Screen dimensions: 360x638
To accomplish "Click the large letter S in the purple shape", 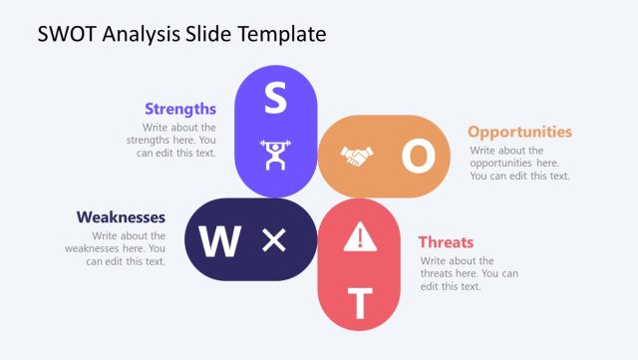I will click(275, 98).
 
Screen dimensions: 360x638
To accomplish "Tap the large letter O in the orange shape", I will click(419, 156).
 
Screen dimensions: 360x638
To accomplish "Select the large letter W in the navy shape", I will click(220, 240).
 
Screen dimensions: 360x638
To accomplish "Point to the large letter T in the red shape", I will click(360, 301).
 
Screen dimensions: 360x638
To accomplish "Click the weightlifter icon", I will click(275, 155).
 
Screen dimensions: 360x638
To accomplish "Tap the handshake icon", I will click(356, 157).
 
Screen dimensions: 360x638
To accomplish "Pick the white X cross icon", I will click(273, 239).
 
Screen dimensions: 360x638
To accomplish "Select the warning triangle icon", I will click(360, 236).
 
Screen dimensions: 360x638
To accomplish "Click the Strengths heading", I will click(180, 109).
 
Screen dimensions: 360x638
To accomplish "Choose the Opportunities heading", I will click(519, 132).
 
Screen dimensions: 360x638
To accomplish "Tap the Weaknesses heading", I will click(121, 217).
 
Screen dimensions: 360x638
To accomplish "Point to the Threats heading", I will click(446, 242).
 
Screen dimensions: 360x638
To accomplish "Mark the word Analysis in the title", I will click(142, 34).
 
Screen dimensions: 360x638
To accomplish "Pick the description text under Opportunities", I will click(518, 163).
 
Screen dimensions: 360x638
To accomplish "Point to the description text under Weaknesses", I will click(124, 248).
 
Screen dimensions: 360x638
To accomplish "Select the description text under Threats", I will click(469, 273).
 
